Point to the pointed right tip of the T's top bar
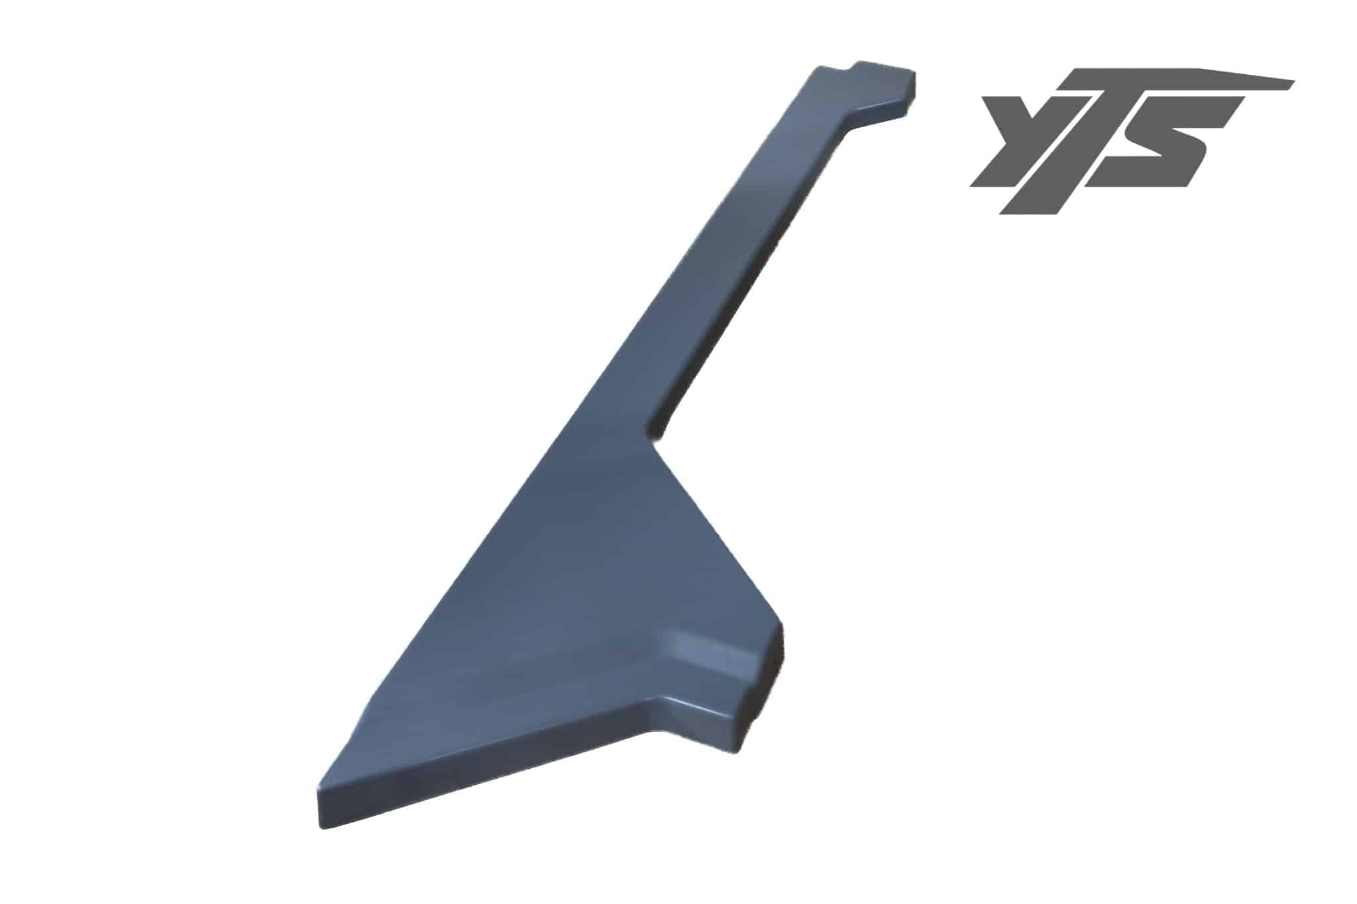(1293, 82)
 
